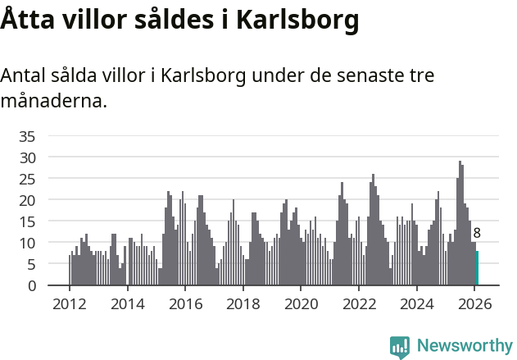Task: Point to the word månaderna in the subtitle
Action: pos(53,103)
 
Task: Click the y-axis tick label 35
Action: pos(27,135)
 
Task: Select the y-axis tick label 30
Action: pos(27,157)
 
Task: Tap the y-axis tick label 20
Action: pos(27,200)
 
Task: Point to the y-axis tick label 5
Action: pos(31,264)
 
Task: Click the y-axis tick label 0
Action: pos(31,285)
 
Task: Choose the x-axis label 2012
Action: pos(69,304)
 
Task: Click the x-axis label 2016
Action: pos(185,304)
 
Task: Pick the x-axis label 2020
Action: pos(301,304)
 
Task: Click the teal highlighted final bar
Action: pos(477,269)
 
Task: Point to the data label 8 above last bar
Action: pos(477,234)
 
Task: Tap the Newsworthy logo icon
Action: pos(400,347)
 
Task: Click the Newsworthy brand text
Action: pos(465,346)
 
